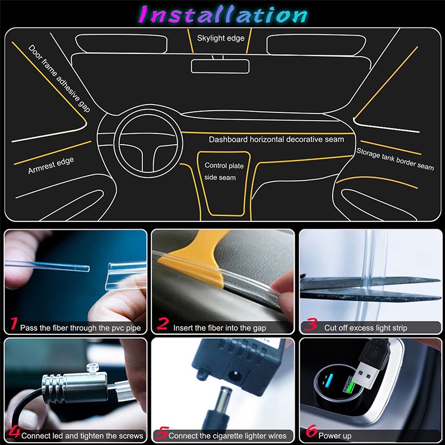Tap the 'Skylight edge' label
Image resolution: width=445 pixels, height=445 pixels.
(x=221, y=38)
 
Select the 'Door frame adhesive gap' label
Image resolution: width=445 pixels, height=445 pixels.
(x=59, y=78)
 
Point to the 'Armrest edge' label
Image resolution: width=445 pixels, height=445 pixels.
(x=51, y=166)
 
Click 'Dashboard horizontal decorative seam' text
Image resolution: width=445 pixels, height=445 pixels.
(x=276, y=139)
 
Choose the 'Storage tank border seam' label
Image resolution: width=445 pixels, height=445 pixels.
(x=395, y=159)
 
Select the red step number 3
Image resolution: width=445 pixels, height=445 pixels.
(x=312, y=325)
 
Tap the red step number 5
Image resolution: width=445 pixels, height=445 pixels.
(x=162, y=433)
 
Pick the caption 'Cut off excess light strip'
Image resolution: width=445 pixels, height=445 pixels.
(x=365, y=328)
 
